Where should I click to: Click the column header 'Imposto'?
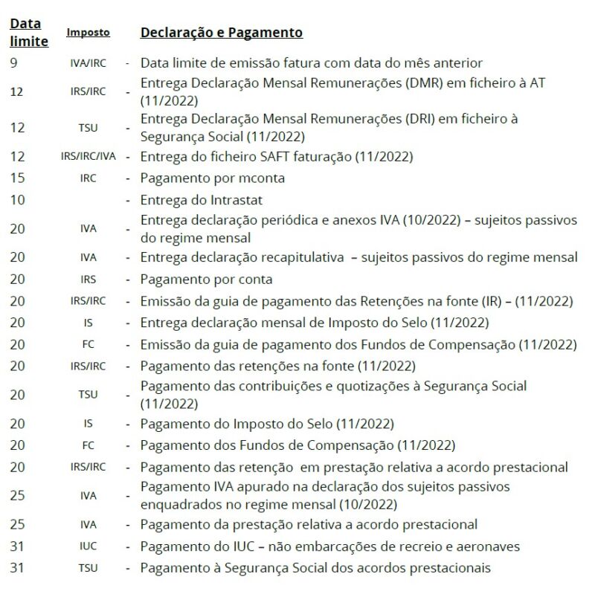click(88, 33)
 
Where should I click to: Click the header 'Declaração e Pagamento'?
click(221, 33)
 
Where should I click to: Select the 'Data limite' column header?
click(28, 33)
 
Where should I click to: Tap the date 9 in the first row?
click(13, 63)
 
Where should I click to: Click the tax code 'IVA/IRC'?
click(88, 63)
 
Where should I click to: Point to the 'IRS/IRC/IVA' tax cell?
click(88, 157)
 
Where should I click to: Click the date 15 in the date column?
click(17, 178)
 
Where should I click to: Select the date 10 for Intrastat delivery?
click(17, 200)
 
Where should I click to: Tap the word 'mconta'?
click(260, 178)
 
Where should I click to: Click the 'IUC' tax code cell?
click(88, 547)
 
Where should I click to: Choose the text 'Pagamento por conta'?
click(206, 280)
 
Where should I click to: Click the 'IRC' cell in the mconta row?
click(88, 178)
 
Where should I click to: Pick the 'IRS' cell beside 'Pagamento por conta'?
click(88, 280)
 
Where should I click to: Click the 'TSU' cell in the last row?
click(88, 569)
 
